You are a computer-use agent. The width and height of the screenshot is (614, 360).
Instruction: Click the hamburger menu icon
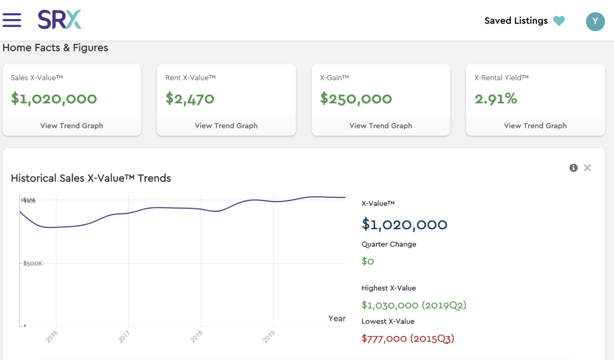click(x=12, y=20)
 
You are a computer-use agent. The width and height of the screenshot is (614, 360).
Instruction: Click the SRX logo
click(x=59, y=20)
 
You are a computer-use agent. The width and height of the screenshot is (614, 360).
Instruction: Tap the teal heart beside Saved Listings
click(x=559, y=21)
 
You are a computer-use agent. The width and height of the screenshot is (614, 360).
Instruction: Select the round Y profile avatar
click(x=595, y=22)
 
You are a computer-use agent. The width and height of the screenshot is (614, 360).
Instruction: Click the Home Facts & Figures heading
click(x=55, y=48)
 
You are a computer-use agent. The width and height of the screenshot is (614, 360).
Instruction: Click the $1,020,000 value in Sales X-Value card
click(x=54, y=98)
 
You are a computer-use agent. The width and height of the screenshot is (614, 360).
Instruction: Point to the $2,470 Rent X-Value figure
click(x=189, y=98)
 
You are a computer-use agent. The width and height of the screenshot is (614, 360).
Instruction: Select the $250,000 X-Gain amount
click(x=356, y=98)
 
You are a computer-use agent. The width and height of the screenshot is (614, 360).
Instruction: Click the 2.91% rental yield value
click(x=495, y=98)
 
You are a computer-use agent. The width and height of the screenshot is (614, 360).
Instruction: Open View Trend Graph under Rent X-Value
click(x=226, y=126)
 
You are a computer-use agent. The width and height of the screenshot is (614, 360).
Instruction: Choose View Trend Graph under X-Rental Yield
click(x=535, y=126)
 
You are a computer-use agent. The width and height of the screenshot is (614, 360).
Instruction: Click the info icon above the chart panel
click(x=573, y=168)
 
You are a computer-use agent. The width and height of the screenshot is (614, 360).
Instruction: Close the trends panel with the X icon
click(x=588, y=168)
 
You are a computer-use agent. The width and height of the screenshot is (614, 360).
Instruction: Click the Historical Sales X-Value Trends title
click(x=91, y=178)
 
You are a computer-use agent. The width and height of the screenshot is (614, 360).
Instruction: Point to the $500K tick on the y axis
click(x=32, y=263)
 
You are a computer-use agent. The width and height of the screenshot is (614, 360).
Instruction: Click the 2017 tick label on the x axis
click(x=124, y=337)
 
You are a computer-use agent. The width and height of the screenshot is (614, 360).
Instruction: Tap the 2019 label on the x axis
click(x=269, y=337)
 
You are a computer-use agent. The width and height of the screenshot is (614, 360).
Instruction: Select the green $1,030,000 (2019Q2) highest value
click(x=414, y=305)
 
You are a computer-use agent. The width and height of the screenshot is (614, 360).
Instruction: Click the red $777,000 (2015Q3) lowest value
click(x=408, y=339)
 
